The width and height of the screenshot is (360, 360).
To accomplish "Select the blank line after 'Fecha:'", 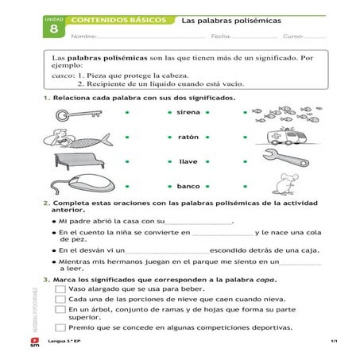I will (254, 37).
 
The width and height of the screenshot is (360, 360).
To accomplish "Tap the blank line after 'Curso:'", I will (315, 37).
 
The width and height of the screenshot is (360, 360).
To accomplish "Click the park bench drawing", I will (76, 161).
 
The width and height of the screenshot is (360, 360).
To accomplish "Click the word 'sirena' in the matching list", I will (188, 114).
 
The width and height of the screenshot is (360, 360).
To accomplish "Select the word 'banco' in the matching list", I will (188, 186).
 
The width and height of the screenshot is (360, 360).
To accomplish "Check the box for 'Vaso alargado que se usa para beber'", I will (60, 289).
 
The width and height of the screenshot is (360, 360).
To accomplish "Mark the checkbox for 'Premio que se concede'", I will (60, 327).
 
